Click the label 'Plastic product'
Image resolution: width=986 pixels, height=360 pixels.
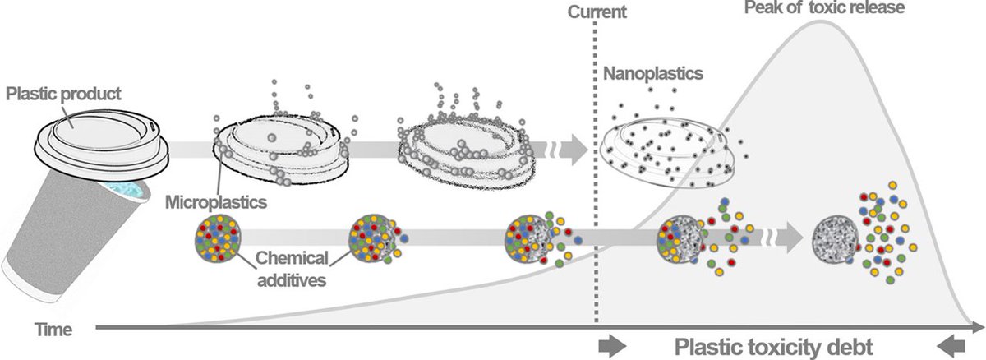click(x=63, y=94)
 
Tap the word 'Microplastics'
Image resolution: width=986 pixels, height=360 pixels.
click(x=216, y=202)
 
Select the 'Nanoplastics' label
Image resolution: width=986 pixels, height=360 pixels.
click(x=652, y=73)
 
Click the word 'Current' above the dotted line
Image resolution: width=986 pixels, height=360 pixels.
click(x=597, y=12)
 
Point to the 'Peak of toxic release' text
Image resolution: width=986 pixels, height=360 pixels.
click(x=824, y=7)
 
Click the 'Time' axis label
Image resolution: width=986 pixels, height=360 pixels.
click(x=53, y=330)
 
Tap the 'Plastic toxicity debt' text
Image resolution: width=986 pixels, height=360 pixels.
click(x=774, y=347)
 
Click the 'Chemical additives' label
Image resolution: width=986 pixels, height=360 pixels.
click(x=292, y=269)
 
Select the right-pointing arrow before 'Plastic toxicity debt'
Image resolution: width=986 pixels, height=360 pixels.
click(x=612, y=347)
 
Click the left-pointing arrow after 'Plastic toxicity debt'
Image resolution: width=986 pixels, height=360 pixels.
click(x=951, y=347)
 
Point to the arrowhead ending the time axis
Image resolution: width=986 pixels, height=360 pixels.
click(x=978, y=327)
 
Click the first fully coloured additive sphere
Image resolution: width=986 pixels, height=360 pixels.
click(x=218, y=238)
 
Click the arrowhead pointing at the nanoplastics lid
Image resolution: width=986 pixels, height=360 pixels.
click(x=579, y=150)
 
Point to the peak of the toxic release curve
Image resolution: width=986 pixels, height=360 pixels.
click(x=820, y=21)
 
